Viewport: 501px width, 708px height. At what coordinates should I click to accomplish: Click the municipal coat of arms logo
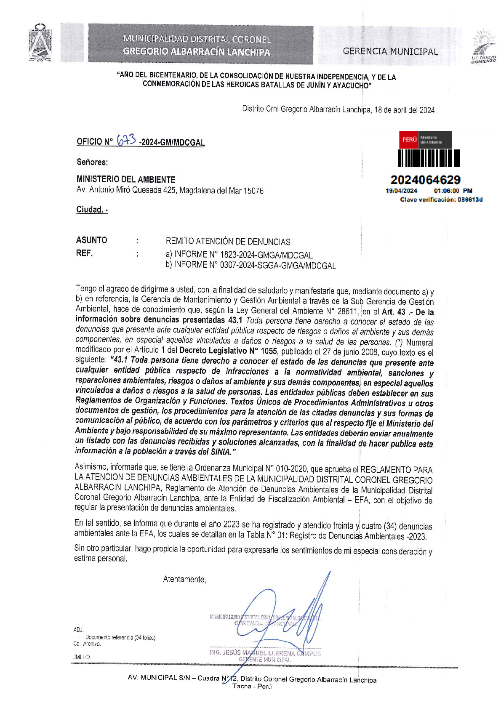click(40, 43)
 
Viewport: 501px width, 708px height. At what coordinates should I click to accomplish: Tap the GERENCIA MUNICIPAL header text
click(390, 52)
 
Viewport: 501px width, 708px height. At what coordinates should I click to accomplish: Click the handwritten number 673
click(126, 140)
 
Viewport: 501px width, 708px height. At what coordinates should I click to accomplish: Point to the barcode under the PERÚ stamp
click(429, 159)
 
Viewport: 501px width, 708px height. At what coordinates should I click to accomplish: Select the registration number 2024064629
click(425, 180)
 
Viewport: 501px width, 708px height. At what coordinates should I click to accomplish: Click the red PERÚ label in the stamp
click(409, 140)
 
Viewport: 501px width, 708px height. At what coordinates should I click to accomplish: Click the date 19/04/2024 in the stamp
click(401, 191)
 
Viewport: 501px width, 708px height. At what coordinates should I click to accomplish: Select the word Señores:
click(92, 162)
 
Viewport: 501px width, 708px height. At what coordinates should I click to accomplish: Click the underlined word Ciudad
click(91, 210)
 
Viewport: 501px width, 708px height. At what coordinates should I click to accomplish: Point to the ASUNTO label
click(92, 240)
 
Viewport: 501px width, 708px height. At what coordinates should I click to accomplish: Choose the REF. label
click(85, 253)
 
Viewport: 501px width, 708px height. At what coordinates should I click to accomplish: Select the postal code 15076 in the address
click(253, 191)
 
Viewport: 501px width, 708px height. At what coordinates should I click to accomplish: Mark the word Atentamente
click(184, 580)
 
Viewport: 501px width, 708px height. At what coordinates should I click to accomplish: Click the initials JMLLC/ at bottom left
click(82, 657)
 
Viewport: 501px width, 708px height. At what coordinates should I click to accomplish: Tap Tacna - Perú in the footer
click(252, 687)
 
